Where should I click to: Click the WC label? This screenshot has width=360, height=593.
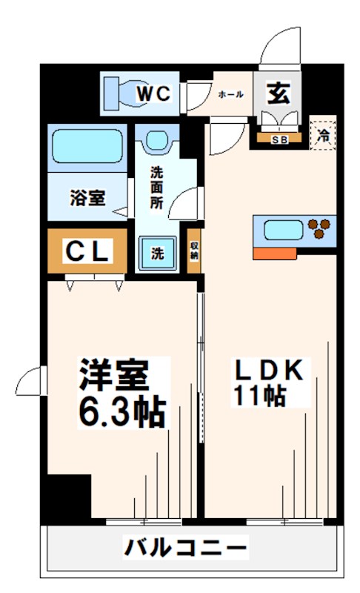point(155,93)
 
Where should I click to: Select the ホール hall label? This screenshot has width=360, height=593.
point(230,94)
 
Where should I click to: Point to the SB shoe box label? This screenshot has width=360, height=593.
point(279,139)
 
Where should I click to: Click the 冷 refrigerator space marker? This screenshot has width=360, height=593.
point(323,135)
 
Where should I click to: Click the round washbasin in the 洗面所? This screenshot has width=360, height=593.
point(157,139)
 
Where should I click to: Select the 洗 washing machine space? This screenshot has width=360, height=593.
point(157,252)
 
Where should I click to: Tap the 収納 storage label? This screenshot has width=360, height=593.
point(194,251)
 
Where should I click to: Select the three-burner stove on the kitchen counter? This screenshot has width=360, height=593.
point(322,228)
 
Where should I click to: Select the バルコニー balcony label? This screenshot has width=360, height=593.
point(185,549)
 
